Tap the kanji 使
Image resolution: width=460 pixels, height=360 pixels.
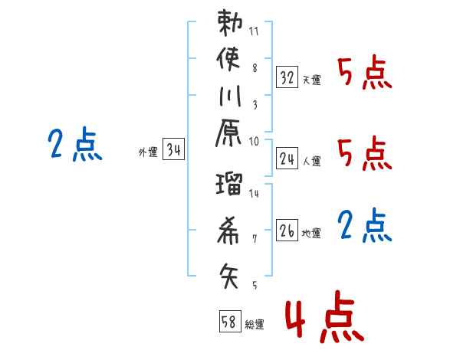coord(228,59)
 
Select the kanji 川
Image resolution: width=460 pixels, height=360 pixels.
coord(230,96)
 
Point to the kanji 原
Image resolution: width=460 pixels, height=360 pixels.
coord(228,133)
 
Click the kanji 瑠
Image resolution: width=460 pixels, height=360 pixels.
coord(229,184)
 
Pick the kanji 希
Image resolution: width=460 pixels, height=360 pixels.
coord(228,231)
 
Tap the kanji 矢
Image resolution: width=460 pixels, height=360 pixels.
coord(228,276)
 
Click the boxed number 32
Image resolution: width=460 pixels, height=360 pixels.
coord(287,77)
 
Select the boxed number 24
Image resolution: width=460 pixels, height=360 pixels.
coord(287,159)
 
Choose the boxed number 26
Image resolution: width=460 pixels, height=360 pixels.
coord(287,230)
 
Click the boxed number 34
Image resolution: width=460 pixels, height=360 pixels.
coord(174,149)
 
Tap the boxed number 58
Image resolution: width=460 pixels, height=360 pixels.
coord(230,321)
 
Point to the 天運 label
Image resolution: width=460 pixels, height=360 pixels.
coord(312,80)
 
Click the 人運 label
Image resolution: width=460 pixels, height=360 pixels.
coord(312,161)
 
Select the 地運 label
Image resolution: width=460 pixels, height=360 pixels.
coord(311,233)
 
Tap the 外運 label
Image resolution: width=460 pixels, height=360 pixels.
coord(148,152)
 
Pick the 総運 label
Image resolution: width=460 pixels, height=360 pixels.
coord(255,325)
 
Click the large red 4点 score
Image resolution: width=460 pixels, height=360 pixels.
coord(324,317)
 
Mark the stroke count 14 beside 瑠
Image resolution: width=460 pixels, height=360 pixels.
coord(254,194)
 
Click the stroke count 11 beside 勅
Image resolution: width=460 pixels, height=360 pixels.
coord(254,31)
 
